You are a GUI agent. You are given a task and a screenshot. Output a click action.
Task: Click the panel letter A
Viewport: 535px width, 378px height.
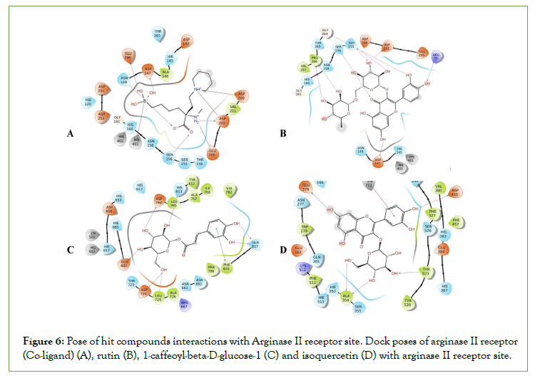click(x=70, y=133)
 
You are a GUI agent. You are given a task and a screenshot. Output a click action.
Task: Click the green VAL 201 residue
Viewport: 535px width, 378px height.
click(x=231, y=107)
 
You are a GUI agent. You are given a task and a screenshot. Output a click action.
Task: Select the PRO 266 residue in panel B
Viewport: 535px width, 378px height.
click(x=314, y=59)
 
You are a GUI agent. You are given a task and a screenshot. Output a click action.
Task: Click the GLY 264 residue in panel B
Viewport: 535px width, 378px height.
click(x=325, y=32)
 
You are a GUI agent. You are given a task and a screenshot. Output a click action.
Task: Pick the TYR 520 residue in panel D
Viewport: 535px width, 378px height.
click(x=407, y=303)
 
